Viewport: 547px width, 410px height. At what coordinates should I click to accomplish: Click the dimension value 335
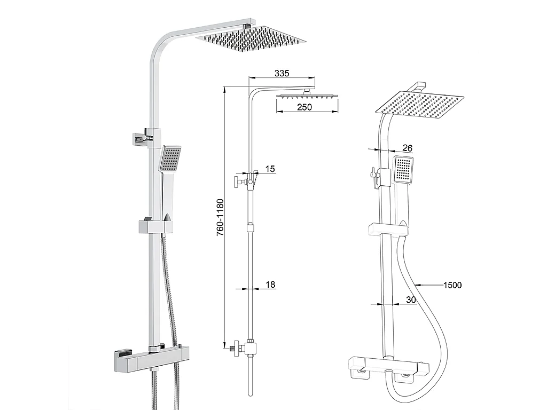pyautogui.click(x=282, y=73)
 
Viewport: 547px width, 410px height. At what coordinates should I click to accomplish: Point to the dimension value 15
pyautogui.click(x=270, y=169)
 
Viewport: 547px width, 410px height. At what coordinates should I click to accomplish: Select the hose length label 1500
pyautogui.click(x=452, y=285)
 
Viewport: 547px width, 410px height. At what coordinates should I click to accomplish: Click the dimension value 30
pyautogui.click(x=410, y=300)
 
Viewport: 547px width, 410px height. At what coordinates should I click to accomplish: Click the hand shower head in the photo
pyautogui.click(x=171, y=159)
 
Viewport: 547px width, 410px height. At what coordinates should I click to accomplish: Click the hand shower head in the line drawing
pyautogui.click(x=404, y=170)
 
